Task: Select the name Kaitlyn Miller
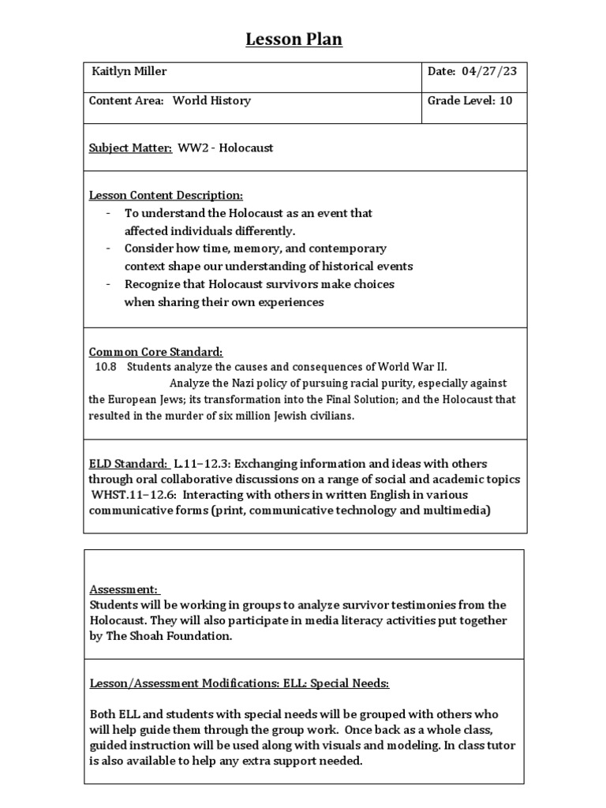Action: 129,72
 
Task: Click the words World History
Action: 211,101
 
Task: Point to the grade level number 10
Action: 506,101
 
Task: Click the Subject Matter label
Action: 130,148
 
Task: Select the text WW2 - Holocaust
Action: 225,148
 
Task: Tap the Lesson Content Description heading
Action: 166,195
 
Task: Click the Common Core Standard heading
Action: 155,351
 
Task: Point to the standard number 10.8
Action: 106,367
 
